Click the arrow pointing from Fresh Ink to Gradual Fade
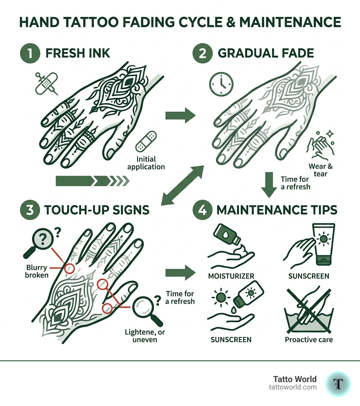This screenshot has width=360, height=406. (x=180, y=115)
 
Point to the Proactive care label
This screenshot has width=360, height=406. (x=309, y=340)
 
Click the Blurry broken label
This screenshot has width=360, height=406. (x=37, y=271)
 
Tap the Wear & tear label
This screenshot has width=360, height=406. (x=320, y=170)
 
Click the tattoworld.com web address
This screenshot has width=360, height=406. (x=292, y=387)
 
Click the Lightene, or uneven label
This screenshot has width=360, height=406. (x=141, y=335)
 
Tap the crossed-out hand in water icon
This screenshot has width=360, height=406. (x=309, y=311)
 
